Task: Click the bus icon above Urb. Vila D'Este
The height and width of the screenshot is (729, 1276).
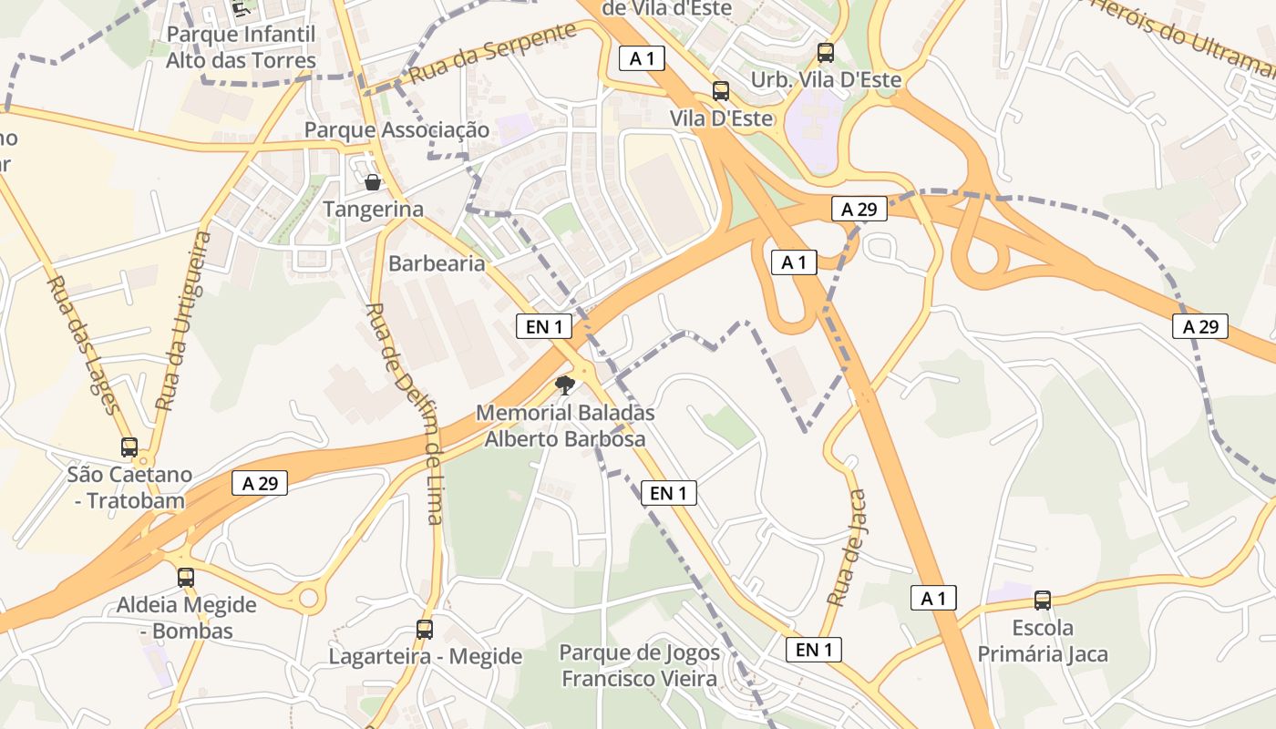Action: click(x=826, y=53)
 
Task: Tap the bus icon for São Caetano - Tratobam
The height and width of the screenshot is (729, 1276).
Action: click(x=129, y=447)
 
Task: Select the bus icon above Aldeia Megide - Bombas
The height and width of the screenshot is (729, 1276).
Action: click(x=186, y=577)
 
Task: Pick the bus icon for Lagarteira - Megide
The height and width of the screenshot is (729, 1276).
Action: click(x=425, y=629)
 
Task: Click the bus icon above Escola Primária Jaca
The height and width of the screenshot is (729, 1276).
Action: click(x=1043, y=601)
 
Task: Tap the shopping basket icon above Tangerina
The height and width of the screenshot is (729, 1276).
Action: click(x=373, y=182)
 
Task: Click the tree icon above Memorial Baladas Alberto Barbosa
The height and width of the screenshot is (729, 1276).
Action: click(x=565, y=385)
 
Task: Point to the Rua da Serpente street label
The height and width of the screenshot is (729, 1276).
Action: click(x=493, y=53)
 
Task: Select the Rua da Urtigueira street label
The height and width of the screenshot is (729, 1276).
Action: click(x=185, y=319)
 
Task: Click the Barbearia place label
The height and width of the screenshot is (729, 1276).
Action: click(x=437, y=263)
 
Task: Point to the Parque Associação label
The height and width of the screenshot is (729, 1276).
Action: click(x=396, y=129)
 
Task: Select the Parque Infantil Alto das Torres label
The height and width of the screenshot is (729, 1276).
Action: click(x=241, y=47)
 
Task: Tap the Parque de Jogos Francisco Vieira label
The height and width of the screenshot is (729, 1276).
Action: click(x=640, y=665)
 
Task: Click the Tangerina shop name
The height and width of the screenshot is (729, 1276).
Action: click(x=374, y=209)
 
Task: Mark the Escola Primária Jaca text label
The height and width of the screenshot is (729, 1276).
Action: click(x=1043, y=641)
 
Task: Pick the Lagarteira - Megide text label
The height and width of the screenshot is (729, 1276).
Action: click(x=426, y=656)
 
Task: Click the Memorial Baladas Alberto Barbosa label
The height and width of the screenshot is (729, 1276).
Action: click(x=565, y=426)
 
